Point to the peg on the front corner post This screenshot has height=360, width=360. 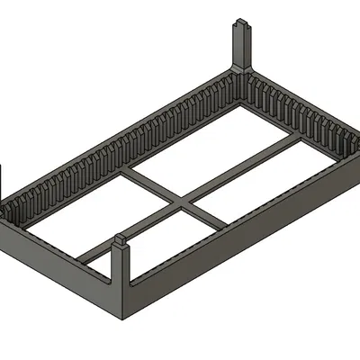point(121,238)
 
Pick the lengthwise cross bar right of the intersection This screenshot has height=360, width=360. point(243,166)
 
